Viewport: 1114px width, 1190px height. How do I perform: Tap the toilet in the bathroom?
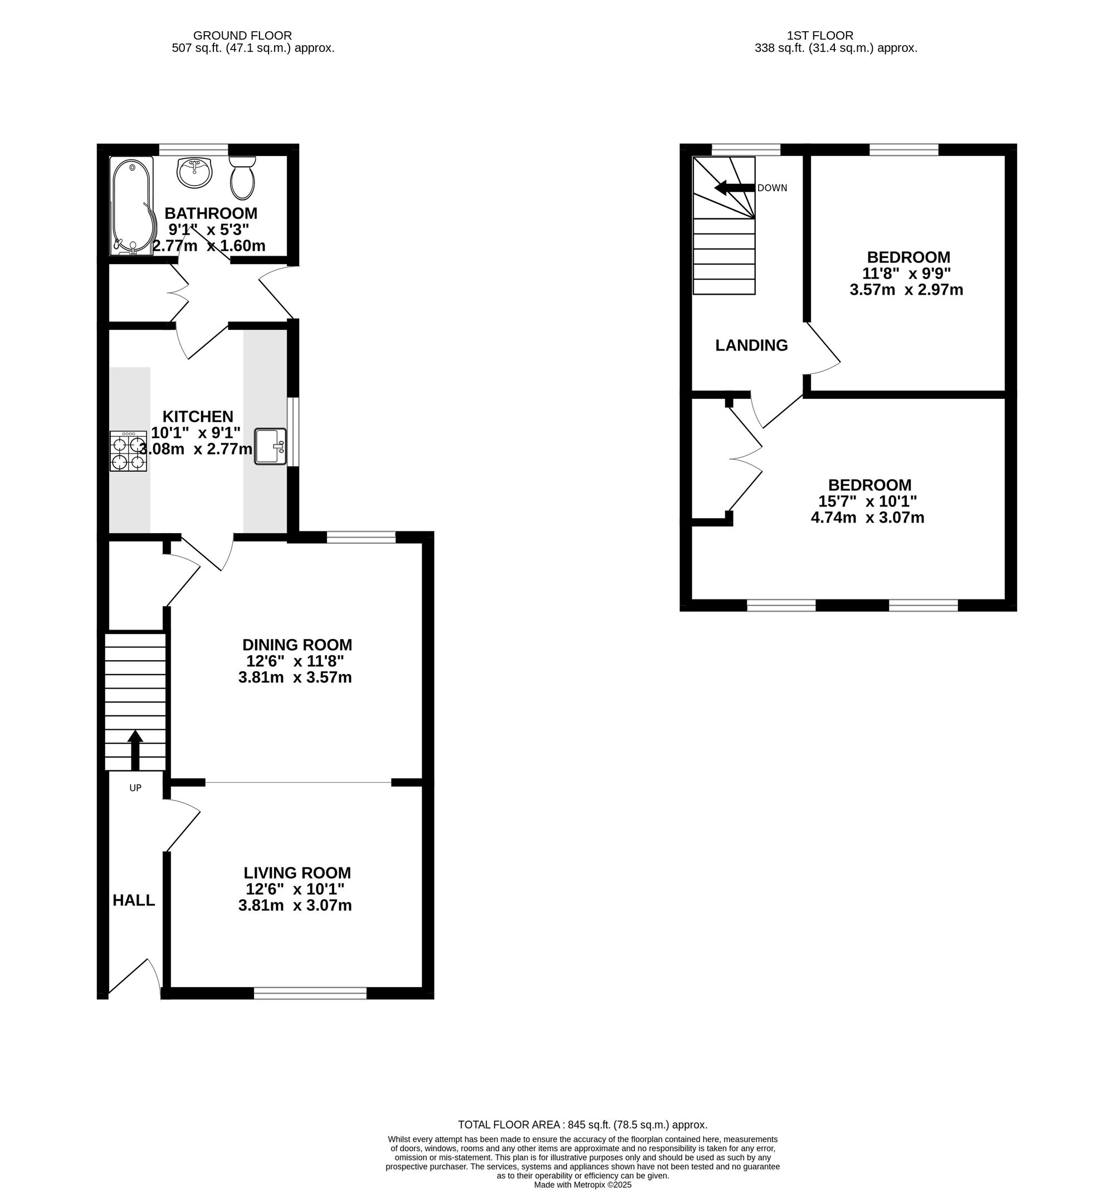[242, 178]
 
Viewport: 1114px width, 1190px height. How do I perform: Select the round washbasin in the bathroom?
[194, 172]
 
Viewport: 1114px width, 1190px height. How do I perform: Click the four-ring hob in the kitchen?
[129, 451]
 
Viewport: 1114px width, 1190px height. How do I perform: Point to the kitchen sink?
[271, 446]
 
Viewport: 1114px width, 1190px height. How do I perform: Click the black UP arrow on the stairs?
[135, 750]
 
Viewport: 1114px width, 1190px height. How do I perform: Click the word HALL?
[134, 900]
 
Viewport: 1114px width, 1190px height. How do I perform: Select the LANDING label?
[751, 345]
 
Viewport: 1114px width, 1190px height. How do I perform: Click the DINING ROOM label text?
[297, 645]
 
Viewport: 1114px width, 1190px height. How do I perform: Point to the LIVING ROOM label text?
[297, 873]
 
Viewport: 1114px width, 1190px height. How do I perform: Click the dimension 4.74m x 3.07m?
[867, 518]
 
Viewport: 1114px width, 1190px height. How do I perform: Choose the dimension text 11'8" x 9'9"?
[906, 274]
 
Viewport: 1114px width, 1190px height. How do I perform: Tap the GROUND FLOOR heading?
[242, 36]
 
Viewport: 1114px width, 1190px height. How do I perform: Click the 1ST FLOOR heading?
[819, 36]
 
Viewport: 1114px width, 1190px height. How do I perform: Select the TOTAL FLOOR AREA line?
[583, 1125]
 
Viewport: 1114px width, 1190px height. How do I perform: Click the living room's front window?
[310, 994]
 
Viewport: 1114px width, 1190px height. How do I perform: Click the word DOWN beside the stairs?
[772, 188]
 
